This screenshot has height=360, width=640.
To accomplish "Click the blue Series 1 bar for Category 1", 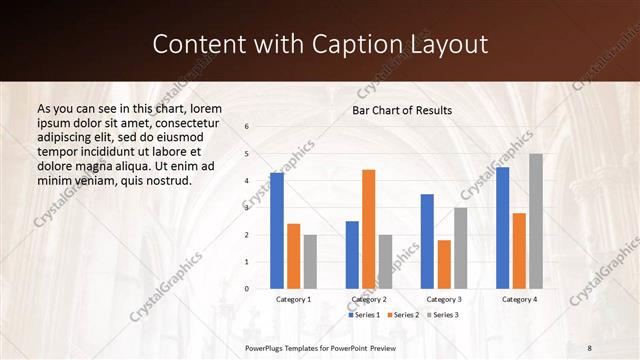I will pos(277,230).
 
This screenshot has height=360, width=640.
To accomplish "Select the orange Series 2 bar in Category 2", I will pos(369,229).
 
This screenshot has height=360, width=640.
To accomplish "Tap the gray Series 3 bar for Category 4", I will pos(536,221).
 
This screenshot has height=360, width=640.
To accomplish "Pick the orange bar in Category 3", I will pos(444,264).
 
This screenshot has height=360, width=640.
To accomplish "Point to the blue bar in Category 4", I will pos(502,228).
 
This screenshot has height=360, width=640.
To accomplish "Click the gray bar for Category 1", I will pos(310,261).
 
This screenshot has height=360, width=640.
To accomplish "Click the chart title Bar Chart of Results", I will pos(402,110).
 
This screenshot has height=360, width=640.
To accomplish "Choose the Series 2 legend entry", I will pos(402,315).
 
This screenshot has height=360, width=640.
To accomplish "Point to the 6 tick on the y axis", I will pos(247,126).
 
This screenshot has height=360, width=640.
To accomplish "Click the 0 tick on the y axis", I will pos(247,289).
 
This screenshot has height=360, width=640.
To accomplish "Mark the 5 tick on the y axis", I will pos(247,154).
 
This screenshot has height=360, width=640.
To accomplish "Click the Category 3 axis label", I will pos(444,299).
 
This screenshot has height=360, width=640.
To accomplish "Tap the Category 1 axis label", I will pos(293,299).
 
